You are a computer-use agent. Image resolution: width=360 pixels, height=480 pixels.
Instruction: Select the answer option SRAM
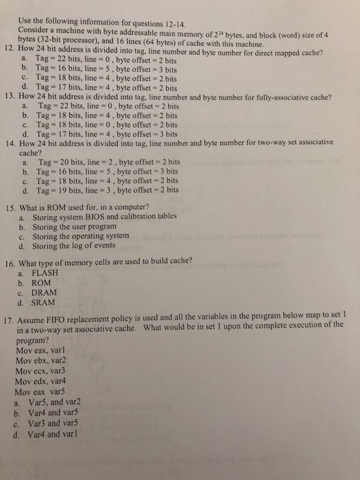(x=45, y=302)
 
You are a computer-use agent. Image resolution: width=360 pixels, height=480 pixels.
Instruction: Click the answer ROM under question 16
(x=43, y=282)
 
